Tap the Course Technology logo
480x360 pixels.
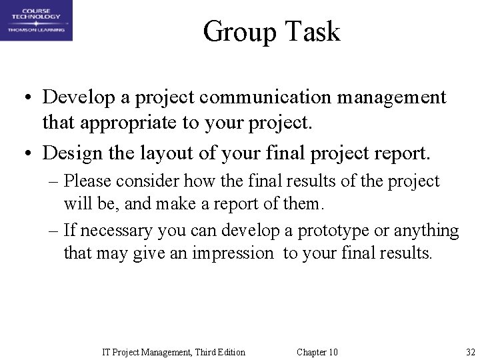coord(37,21)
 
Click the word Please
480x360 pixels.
coord(88,181)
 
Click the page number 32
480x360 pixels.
coord(471,352)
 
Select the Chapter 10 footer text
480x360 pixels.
coord(317,352)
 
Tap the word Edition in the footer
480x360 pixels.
coord(229,352)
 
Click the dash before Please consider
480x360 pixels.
coord(53,181)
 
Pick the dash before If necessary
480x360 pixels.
coord(53,231)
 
